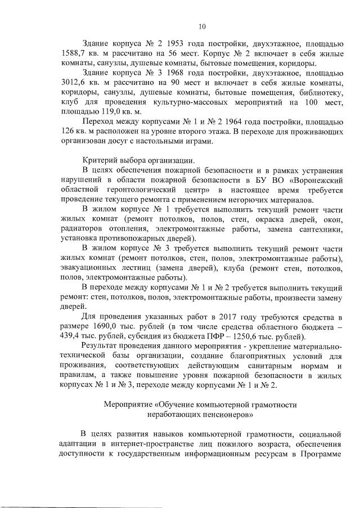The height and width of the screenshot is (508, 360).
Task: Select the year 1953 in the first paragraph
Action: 166,43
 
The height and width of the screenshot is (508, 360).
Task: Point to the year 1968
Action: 166,74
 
